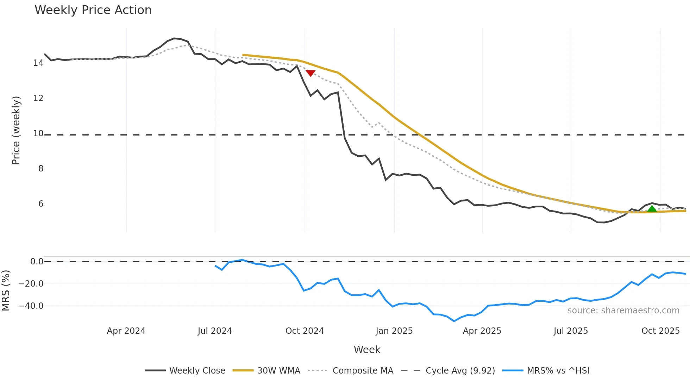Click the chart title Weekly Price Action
point(93,10)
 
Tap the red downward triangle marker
point(310,73)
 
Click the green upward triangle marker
point(652,209)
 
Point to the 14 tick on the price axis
point(38,63)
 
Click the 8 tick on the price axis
point(41,169)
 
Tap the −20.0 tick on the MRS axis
point(31,284)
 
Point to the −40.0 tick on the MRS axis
point(31,306)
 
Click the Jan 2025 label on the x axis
point(394,331)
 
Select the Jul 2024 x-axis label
point(215,331)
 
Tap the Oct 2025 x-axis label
point(660,331)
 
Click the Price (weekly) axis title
point(16,130)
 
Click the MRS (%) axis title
point(6,290)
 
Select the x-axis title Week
point(367,350)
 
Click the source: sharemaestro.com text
point(623,311)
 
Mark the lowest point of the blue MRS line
point(454,321)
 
